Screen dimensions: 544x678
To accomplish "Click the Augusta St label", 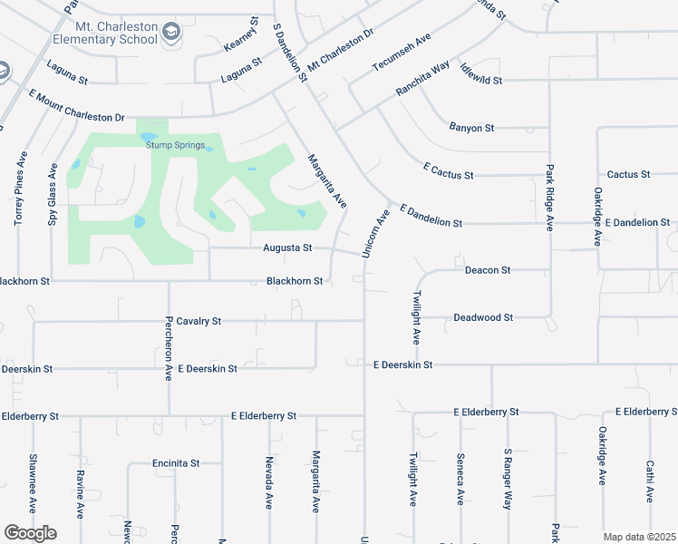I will click(287, 247).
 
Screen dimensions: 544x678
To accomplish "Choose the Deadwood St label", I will click(483, 317).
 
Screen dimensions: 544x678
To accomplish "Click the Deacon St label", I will click(488, 270).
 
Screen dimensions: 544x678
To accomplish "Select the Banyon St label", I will click(471, 128).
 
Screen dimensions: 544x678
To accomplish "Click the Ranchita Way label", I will click(422, 80).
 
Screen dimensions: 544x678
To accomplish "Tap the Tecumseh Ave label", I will click(401, 55).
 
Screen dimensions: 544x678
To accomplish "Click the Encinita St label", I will click(176, 462).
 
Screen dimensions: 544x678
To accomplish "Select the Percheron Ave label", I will click(169, 347).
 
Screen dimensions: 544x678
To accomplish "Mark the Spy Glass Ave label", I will click(53, 194).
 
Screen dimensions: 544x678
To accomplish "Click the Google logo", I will click(30, 532).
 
